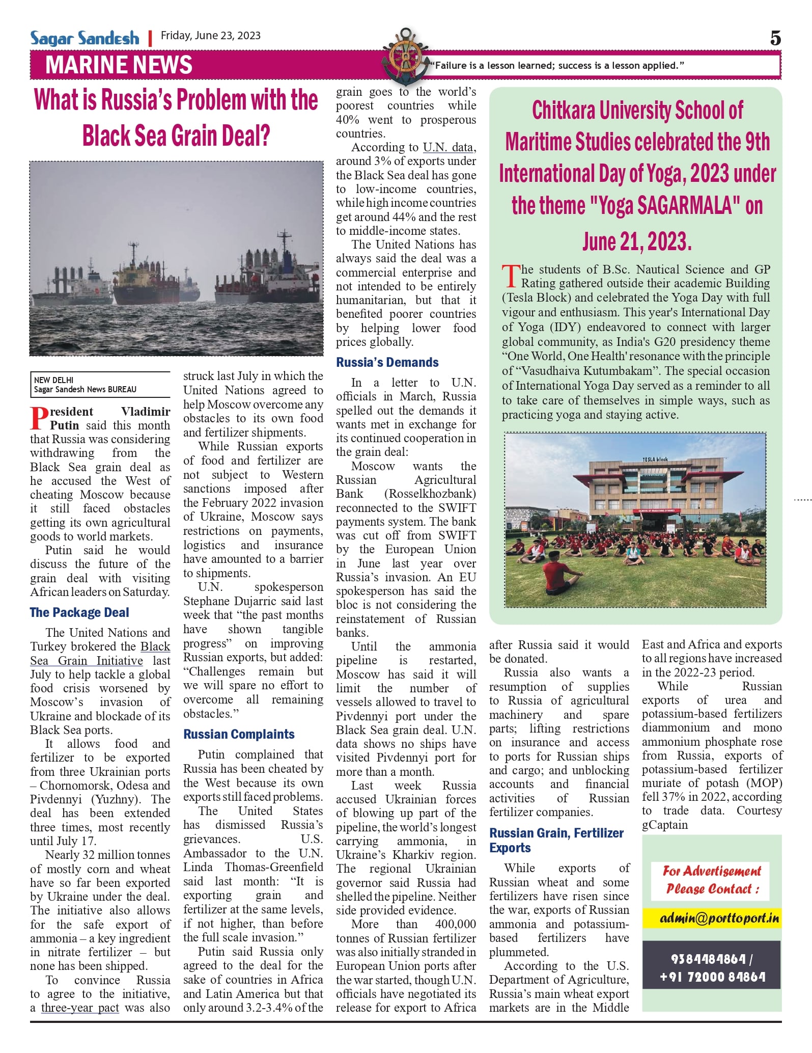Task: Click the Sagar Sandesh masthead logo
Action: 85,38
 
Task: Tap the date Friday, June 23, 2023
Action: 211,36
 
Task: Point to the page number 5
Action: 775,38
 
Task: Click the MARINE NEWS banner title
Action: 119,65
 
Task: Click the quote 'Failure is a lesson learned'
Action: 557,66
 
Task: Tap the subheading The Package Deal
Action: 79,612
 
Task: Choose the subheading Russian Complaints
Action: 239,734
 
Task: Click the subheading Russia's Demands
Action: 387,362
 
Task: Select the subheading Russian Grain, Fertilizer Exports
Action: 556,840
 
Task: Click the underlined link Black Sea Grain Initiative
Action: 100,654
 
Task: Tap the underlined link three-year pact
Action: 80,1008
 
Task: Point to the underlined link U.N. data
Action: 448,147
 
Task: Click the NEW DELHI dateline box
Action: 100,385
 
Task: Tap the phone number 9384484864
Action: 708,959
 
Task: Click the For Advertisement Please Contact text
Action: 711,880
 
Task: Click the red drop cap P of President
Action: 39,418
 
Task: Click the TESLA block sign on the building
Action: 655,459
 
